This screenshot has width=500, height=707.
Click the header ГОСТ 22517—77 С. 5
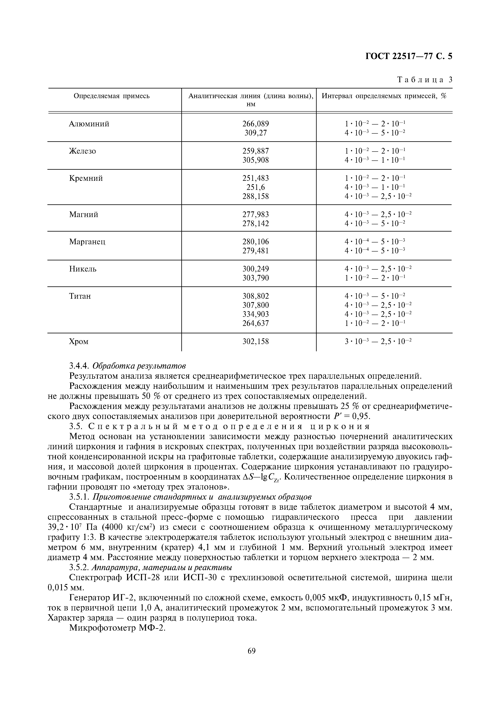[408, 56]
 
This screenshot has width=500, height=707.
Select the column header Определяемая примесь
[112, 96]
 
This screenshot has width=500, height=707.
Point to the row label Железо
[82, 151]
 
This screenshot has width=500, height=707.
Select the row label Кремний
[86, 178]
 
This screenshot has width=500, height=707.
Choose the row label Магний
[84, 214]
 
